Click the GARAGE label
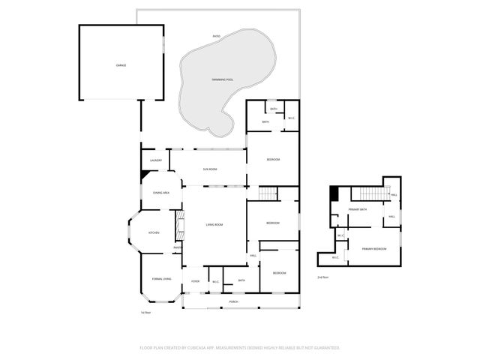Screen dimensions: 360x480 (121, 65)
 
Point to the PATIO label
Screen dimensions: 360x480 (216, 36)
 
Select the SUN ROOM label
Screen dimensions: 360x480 (210, 169)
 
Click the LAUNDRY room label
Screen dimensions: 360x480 (156, 160)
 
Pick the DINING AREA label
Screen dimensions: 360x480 (160, 193)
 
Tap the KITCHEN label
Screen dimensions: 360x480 (154, 232)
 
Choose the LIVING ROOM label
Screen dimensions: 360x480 (215, 225)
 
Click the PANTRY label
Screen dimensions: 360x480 (178, 247)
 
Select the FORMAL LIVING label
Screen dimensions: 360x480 (161, 279)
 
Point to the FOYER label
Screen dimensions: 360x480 (195, 281)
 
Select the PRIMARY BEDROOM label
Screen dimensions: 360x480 (374, 248)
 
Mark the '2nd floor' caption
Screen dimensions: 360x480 (322, 277)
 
